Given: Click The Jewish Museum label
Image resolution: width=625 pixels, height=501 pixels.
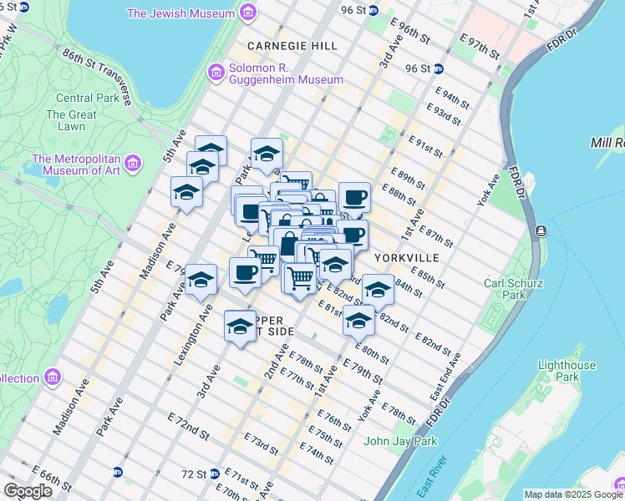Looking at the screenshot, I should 180,13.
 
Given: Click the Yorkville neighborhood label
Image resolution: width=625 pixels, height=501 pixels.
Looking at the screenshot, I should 407,257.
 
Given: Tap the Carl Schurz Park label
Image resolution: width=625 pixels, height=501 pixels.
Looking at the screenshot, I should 506,289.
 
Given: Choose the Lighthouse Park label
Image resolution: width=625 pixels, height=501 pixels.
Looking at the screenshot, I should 567,371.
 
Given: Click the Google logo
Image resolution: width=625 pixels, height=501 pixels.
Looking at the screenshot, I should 28,491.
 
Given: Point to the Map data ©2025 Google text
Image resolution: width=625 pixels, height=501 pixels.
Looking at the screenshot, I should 573,494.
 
